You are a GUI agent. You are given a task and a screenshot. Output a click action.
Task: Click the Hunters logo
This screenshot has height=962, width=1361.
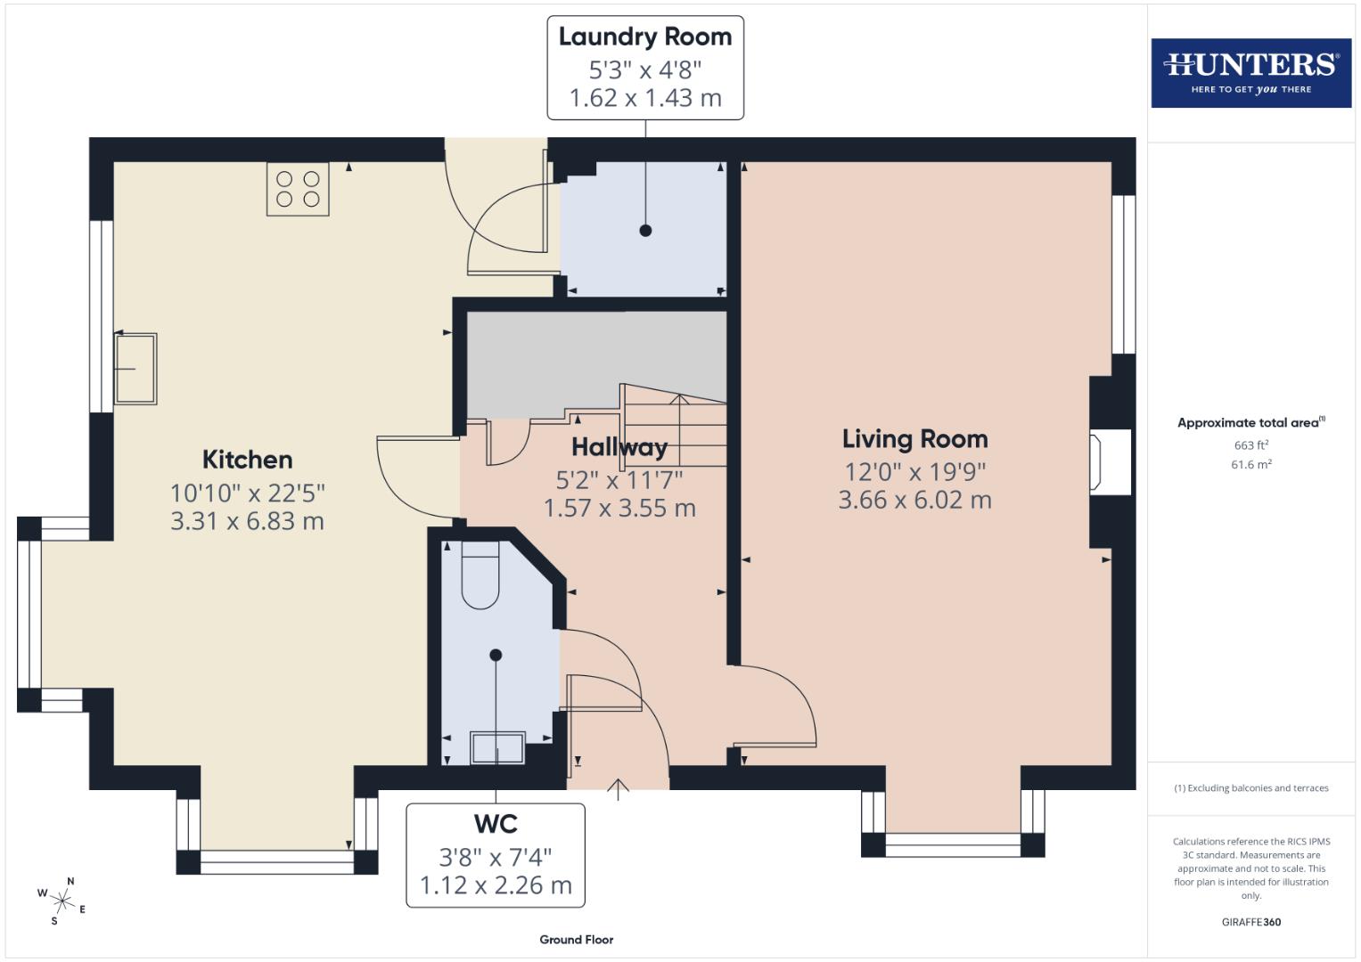[x=1250, y=72]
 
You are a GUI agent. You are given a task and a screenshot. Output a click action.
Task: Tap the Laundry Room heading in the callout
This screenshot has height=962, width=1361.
[x=644, y=37]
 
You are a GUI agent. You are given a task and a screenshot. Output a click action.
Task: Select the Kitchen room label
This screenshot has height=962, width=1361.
[x=247, y=460]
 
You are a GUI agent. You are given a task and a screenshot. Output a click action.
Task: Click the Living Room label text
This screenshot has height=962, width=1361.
[x=914, y=439]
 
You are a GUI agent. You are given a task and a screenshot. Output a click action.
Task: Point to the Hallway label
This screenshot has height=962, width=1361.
[x=619, y=447]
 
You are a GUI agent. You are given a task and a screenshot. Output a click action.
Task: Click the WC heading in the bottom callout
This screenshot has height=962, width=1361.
[x=496, y=824]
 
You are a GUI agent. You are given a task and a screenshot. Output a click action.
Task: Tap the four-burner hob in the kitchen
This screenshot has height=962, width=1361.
[x=298, y=189]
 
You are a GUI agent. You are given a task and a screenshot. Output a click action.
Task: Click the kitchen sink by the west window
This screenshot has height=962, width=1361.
[x=135, y=369]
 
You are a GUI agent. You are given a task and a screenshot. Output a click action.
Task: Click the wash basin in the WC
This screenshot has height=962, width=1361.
[x=497, y=747]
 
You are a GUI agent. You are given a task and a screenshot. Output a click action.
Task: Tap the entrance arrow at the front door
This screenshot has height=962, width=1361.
[x=618, y=789]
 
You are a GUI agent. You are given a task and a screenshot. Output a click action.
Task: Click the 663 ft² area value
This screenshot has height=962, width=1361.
[x=1250, y=445]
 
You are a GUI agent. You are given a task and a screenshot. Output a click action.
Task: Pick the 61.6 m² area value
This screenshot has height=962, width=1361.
[x=1250, y=464]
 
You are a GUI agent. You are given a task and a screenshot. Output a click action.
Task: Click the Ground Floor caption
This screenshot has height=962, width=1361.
[x=576, y=939]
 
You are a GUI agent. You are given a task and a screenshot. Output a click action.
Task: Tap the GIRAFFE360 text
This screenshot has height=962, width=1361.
[x=1250, y=922]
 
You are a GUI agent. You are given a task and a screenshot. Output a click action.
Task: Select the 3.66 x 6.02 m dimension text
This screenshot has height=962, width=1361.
[x=914, y=501]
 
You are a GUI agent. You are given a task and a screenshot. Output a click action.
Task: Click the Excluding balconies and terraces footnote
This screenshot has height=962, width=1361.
[x=1250, y=788]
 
